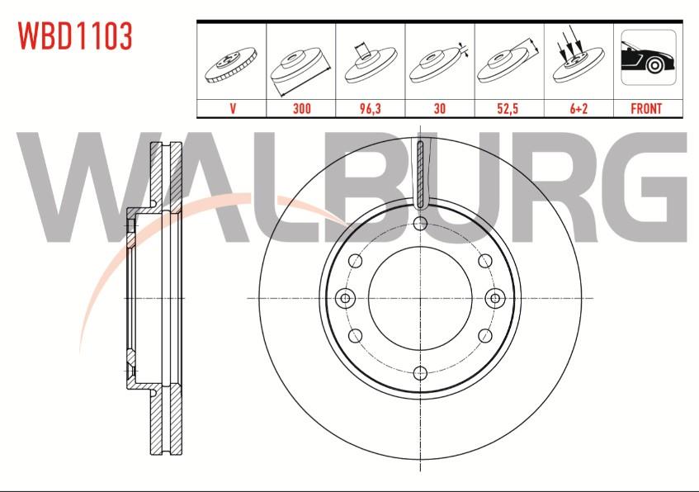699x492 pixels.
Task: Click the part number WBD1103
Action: click(75, 35)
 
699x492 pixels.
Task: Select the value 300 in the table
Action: click(302, 108)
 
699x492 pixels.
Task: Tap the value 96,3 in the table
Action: click(371, 108)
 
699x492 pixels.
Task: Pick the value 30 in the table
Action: click(440, 108)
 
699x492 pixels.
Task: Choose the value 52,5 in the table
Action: click(508, 108)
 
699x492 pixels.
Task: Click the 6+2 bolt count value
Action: click(579, 108)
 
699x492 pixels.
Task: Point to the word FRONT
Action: click(646, 108)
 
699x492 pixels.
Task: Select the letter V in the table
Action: click(232, 108)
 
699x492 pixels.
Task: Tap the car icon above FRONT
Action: click(648, 57)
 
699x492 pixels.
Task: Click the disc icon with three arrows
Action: click(579, 59)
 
